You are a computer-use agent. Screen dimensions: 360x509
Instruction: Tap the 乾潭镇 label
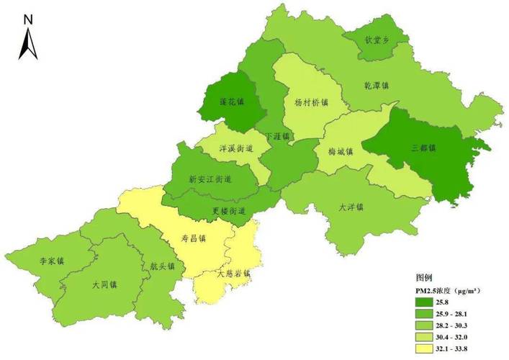tap(376, 85)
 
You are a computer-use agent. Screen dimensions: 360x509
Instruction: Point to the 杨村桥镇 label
tap(312, 102)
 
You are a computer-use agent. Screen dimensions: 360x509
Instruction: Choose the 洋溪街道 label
tap(236, 149)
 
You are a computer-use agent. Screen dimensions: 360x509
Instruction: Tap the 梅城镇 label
tap(341, 152)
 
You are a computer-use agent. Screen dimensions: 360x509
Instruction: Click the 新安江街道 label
tap(210, 179)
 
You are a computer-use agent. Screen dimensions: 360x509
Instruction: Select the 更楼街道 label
tap(230, 210)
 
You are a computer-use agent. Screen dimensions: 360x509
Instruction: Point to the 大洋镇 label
tap(351, 207)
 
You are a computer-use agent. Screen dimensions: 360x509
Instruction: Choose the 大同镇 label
tap(105, 284)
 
